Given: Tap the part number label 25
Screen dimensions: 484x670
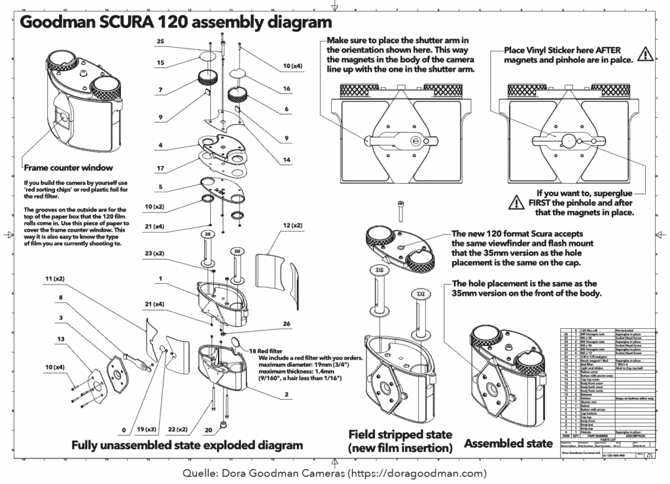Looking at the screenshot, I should [x=161, y=42].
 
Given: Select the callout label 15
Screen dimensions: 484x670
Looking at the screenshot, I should [x=161, y=63].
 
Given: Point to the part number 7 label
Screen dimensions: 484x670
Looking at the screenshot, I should [x=160, y=89].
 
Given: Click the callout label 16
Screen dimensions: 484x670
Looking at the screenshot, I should [x=286, y=89].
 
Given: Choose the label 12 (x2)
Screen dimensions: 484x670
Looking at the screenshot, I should [x=292, y=226].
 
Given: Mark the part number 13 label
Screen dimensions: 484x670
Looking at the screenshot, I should [x=61, y=339].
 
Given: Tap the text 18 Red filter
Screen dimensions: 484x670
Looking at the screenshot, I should [x=264, y=351].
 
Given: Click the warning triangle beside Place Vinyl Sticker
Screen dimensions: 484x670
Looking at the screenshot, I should [x=645, y=54].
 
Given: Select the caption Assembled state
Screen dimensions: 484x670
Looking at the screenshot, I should [x=508, y=444].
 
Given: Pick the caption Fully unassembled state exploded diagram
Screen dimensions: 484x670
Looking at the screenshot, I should [x=187, y=445].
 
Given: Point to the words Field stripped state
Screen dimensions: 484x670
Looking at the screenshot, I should [x=400, y=434].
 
